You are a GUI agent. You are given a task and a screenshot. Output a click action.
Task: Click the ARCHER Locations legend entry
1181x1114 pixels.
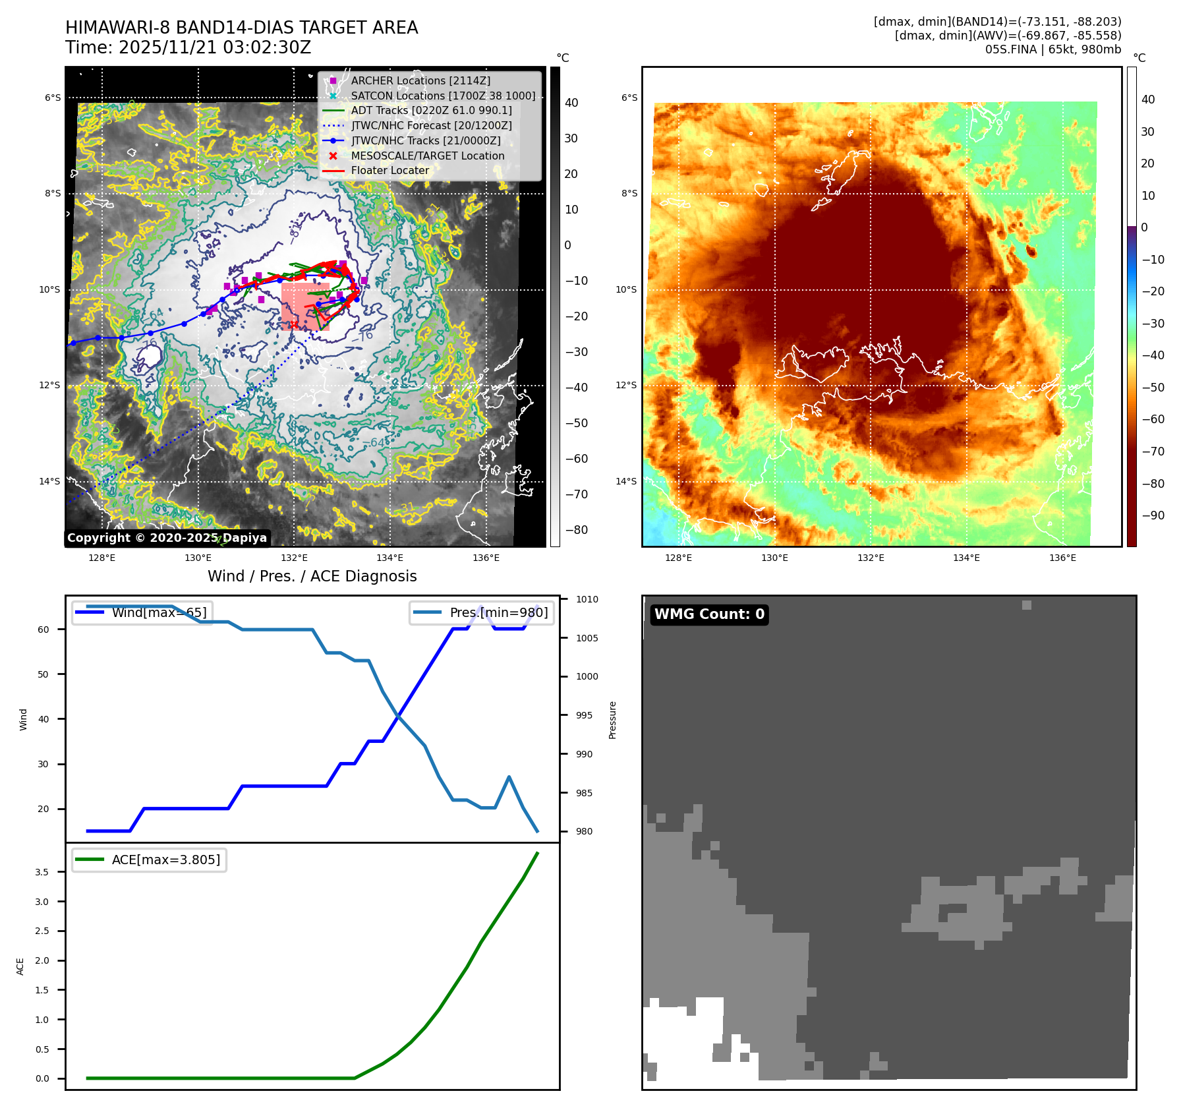coord(420,80)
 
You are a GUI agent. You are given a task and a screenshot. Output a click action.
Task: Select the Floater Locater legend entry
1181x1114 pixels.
coord(389,170)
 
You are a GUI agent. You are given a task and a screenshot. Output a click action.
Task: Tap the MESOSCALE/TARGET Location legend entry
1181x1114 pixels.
coord(427,156)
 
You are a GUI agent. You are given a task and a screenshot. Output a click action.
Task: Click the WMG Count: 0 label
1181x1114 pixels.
coord(709,614)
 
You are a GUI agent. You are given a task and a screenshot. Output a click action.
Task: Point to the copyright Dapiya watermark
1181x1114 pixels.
coord(167,538)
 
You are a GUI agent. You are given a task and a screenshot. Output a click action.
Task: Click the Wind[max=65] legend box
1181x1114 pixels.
coord(142,612)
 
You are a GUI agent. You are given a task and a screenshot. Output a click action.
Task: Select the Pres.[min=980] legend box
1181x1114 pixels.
coord(482,612)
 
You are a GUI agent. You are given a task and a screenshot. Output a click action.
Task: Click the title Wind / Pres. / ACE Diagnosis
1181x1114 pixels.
coord(312,576)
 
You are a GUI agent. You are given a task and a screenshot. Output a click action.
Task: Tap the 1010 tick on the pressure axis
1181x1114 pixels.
coord(587,599)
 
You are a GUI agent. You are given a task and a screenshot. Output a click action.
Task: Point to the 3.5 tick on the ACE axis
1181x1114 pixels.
coord(42,872)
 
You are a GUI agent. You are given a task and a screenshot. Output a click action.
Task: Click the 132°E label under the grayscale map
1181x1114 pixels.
coord(294,558)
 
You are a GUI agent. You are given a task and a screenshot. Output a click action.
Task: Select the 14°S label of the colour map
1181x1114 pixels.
coord(626,481)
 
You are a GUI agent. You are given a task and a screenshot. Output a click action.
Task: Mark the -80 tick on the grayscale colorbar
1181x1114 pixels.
coord(577,530)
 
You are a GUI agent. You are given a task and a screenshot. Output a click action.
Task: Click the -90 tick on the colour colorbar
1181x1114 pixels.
coord(1153,515)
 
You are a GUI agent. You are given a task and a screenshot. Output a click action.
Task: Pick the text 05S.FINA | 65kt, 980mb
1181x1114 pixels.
coord(1052,49)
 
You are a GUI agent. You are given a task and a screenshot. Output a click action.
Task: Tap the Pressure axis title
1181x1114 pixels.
coord(612,720)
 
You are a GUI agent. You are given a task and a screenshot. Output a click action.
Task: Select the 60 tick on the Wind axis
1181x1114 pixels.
coord(43,630)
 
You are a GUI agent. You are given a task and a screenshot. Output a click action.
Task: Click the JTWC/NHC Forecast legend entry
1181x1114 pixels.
coord(431,125)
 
